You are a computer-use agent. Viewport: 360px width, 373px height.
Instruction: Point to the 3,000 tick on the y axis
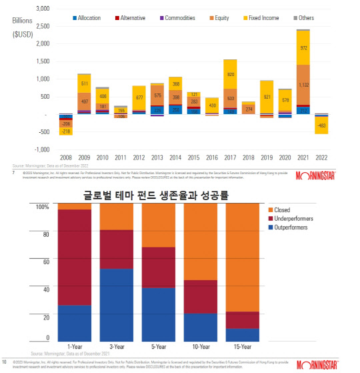(41, 9)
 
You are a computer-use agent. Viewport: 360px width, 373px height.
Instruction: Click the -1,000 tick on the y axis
(40, 149)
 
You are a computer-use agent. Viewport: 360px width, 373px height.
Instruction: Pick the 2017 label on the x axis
(230, 157)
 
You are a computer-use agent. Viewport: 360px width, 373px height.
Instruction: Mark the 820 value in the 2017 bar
(230, 74)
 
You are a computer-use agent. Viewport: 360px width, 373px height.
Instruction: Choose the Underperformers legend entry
(291, 218)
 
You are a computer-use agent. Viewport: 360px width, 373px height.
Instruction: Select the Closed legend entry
(283, 210)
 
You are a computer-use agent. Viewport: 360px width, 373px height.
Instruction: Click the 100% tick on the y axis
(41, 207)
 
